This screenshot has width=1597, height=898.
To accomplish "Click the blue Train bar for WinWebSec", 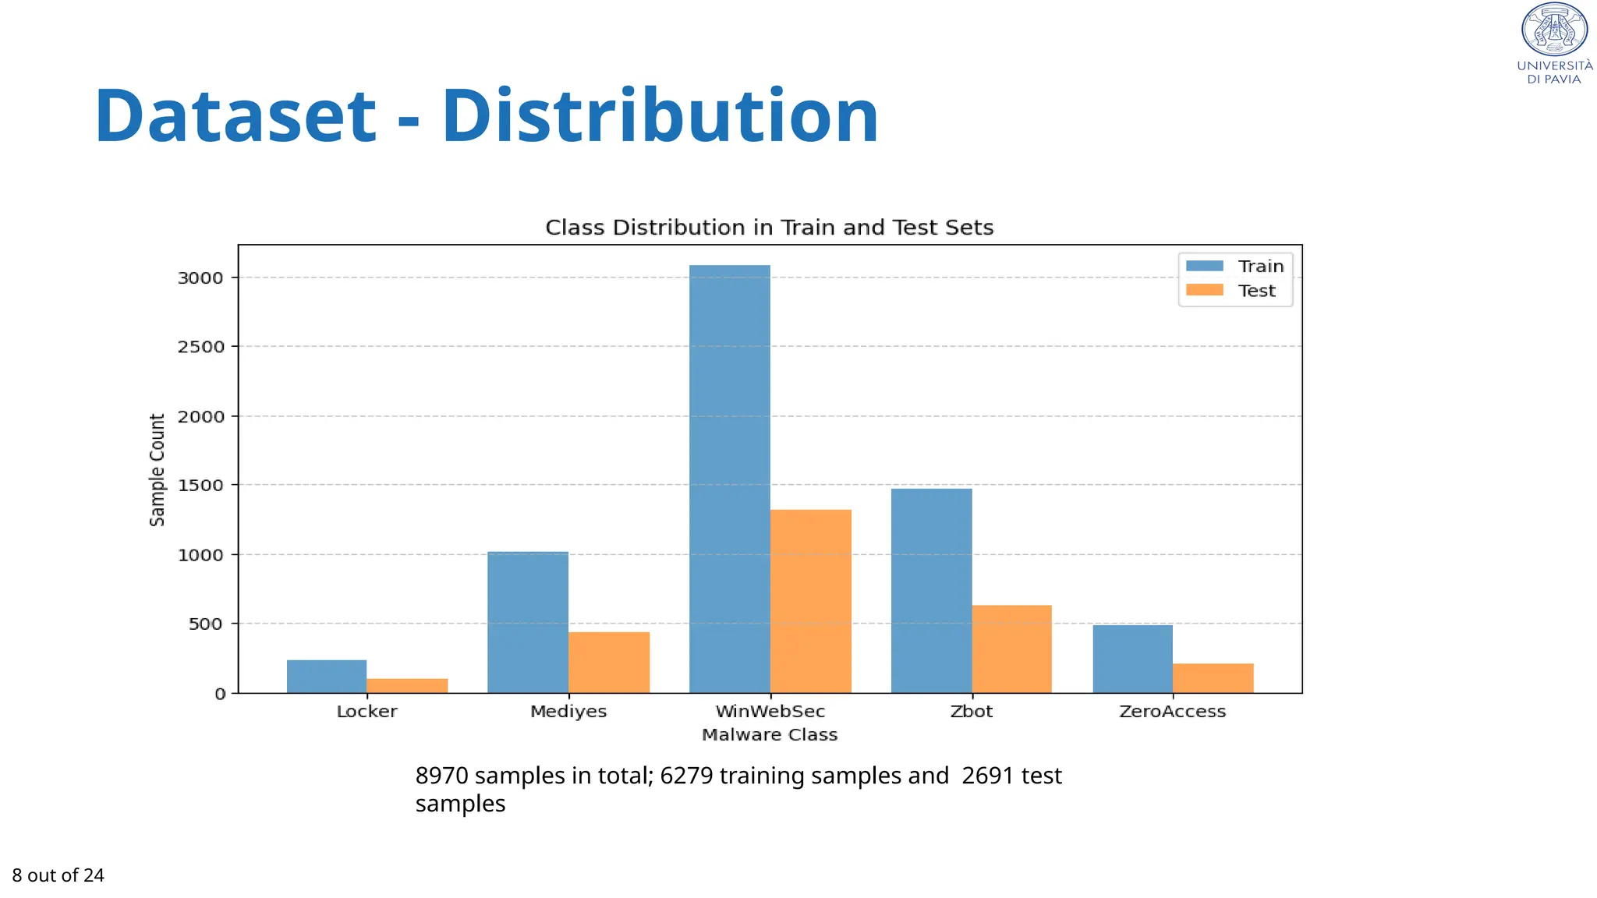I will pyautogui.click(x=729, y=479).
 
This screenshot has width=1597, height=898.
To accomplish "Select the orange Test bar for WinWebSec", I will pyautogui.click(x=810, y=601).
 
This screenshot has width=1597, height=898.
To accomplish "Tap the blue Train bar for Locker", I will pyautogui.click(x=326, y=676).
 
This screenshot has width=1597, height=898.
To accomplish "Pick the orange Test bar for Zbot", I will pyautogui.click(x=1011, y=649).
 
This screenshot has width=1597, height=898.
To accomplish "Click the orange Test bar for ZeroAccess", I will pyautogui.click(x=1213, y=677).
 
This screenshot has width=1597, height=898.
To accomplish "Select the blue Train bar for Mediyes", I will pyautogui.click(x=528, y=622).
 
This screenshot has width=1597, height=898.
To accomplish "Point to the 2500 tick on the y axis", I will pyautogui.click(x=201, y=347).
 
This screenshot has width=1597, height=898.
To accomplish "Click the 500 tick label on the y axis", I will pyautogui.click(x=205, y=624).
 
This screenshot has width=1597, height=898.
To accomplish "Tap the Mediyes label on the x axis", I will pyautogui.click(x=568, y=712).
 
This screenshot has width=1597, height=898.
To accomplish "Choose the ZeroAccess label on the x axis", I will pyautogui.click(x=1172, y=712).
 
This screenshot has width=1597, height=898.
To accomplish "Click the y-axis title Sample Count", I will pyautogui.click(x=158, y=469).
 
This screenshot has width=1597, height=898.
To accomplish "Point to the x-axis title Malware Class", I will pyautogui.click(x=769, y=735).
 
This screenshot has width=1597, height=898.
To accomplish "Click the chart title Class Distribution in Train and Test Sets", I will pyautogui.click(x=769, y=228).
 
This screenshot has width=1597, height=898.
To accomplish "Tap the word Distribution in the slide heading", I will pyautogui.click(x=660, y=117).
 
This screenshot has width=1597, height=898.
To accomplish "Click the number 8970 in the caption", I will pyautogui.click(x=441, y=776).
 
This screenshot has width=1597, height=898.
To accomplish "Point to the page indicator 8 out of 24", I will pyautogui.click(x=58, y=875).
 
